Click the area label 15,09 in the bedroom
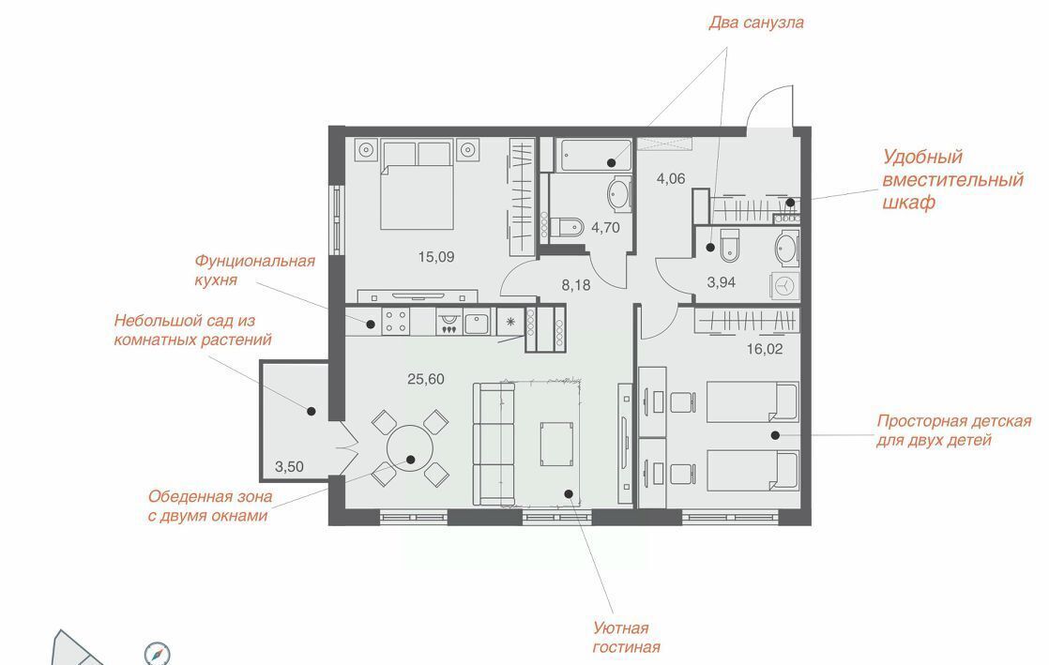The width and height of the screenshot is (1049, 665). point(436,257)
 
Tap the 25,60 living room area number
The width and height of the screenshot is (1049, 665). point(426,379)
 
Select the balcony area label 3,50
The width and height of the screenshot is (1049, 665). point(289,467)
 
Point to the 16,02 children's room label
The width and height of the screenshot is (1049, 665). point(765,349)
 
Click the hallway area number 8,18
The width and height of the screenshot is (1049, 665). point(576,285)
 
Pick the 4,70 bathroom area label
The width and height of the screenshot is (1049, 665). point(605,228)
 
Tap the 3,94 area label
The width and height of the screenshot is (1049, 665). point(722,282)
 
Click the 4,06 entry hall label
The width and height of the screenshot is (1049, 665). point(671,178)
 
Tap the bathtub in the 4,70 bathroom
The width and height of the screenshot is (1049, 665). point(596,156)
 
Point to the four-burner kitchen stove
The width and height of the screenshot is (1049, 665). point(395,321)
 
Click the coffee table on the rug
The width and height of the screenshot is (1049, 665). point(556,445)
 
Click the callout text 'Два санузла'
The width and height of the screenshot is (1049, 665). point(756,23)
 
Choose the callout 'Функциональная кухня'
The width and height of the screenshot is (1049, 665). point(254,270)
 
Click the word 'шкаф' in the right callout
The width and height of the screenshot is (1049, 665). point(908,202)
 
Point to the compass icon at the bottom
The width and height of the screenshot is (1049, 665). point(158,654)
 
